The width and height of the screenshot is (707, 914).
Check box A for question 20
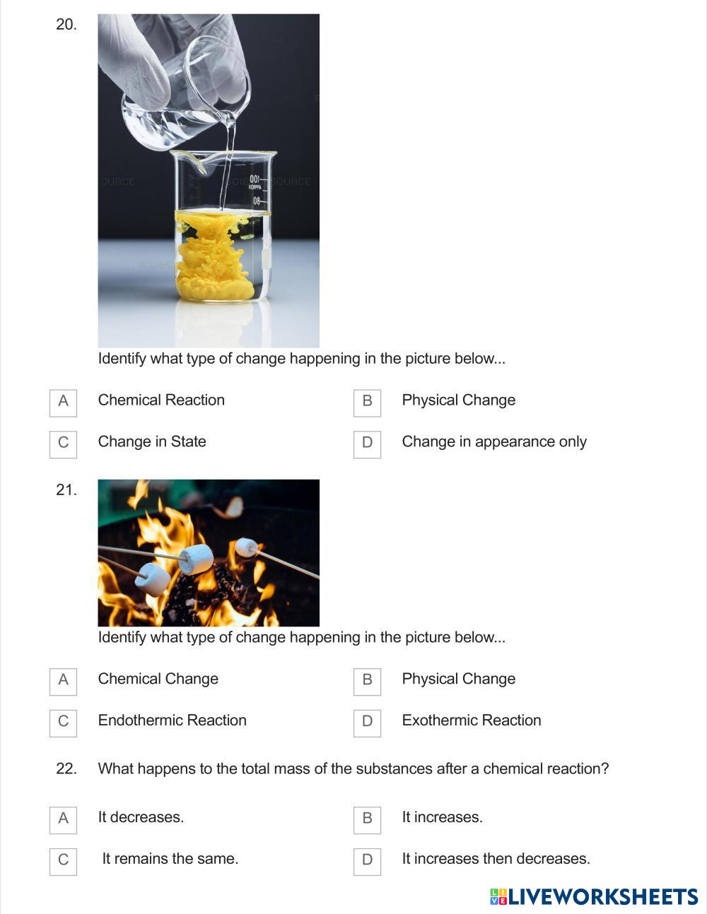pyautogui.click(x=63, y=403)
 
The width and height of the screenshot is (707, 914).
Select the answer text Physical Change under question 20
pyautogui.click(x=458, y=400)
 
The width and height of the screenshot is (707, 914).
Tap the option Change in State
pyautogui.click(x=152, y=441)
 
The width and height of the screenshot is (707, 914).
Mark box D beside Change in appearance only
pyautogui.click(x=367, y=444)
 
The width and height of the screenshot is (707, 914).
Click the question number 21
pyautogui.click(x=66, y=489)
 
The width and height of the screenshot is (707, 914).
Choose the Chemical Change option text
pyautogui.click(x=158, y=679)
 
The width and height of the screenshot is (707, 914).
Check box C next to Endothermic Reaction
pyautogui.click(x=63, y=723)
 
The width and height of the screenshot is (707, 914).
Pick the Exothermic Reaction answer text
pyautogui.click(x=472, y=720)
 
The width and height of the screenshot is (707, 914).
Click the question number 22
pyautogui.click(x=66, y=768)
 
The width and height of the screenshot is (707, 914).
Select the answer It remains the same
pyautogui.click(x=170, y=858)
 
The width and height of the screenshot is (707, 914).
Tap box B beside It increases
pyautogui.click(x=367, y=820)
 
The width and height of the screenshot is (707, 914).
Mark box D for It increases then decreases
pyautogui.click(x=367, y=862)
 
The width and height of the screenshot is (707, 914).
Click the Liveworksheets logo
pyautogui.click(x=594, y=896)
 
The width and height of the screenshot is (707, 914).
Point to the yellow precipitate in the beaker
pyautogui.click(x=215, y=256)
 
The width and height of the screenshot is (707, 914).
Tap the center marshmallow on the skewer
pyautogui.click(x=196, y=559)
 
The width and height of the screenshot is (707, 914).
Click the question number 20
pyautogui.click(x=66, y=25)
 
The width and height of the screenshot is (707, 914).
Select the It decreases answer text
pyautogui.click(x=141, y=817)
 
